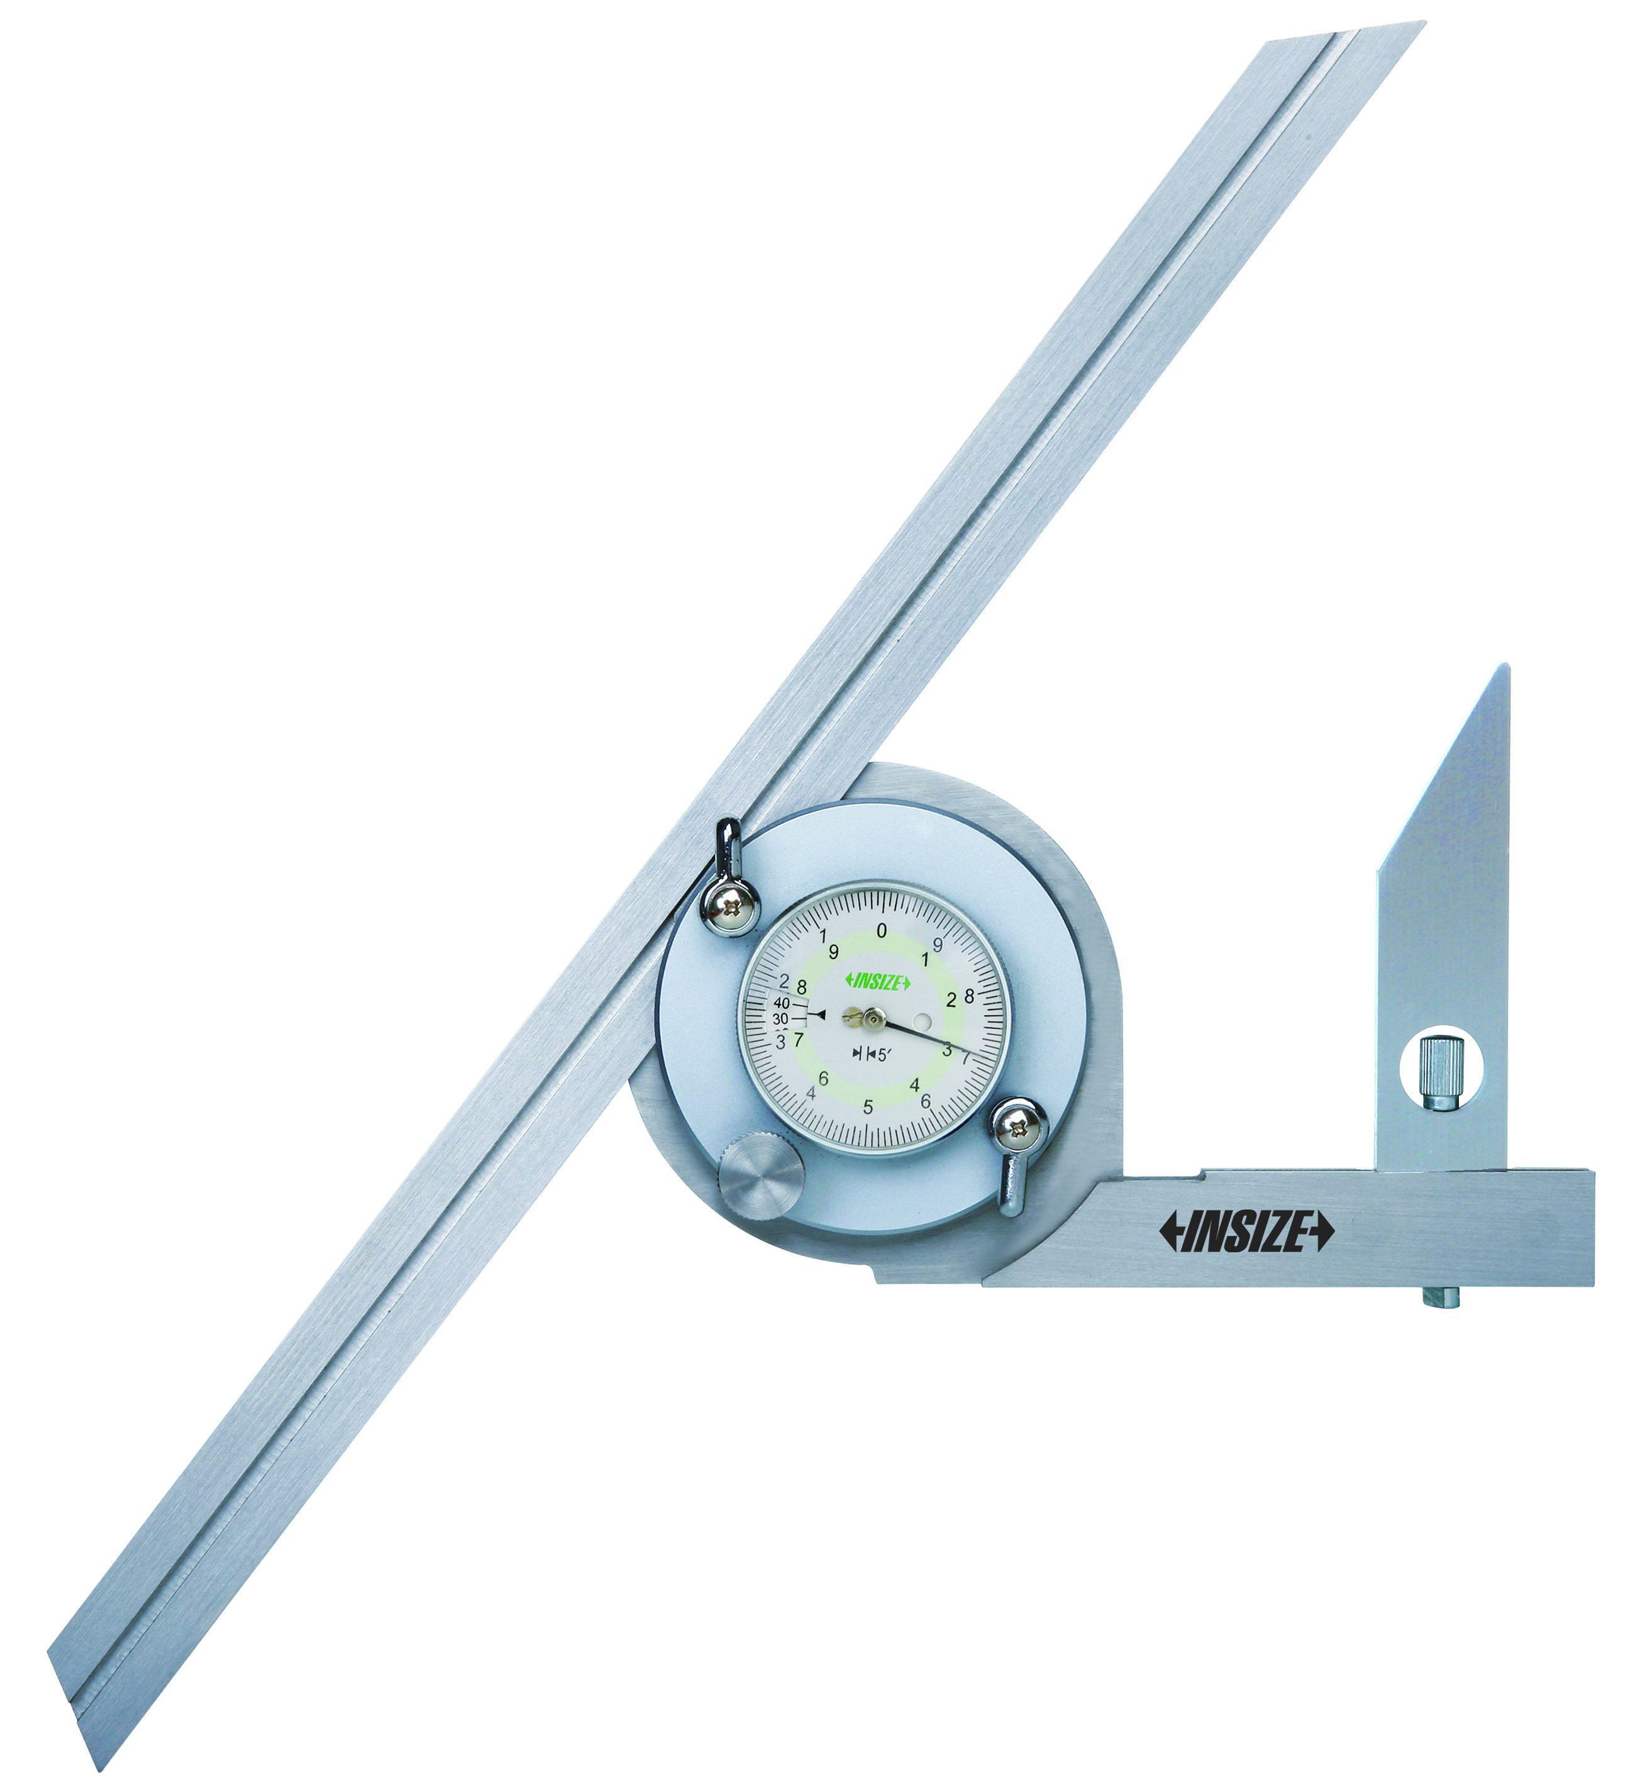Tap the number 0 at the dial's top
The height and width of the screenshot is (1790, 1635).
click(x=882, y=931)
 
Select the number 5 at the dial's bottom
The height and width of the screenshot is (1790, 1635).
click(x=868, y=1107)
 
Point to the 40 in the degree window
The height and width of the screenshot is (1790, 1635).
click(x=781, y=1003)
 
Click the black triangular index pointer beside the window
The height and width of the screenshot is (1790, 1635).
click(x=820, y=1014)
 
